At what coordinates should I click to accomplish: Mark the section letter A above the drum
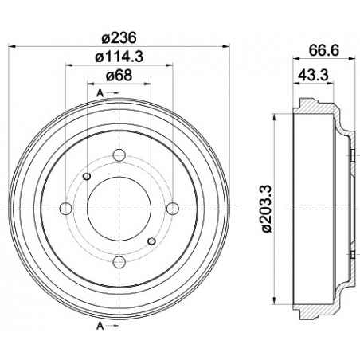click(100, 94)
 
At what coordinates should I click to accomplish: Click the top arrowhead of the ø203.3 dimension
click(275, 115)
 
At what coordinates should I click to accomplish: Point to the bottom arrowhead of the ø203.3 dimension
click(275, 300)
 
